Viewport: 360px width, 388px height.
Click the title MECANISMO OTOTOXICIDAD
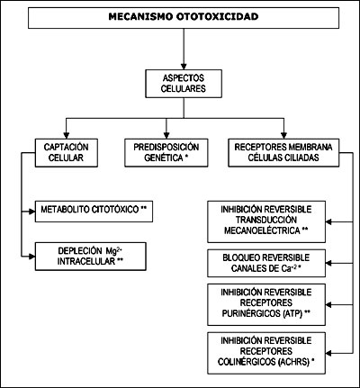pos(184,16)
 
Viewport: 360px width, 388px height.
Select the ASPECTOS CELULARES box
pos(184,84)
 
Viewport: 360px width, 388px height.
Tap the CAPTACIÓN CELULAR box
pos(67,153)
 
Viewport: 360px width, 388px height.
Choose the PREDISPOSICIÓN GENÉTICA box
pos(166,153)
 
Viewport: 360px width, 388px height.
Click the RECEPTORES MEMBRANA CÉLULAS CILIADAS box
pos(283,153)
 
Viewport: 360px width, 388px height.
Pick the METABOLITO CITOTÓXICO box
pos(94,212)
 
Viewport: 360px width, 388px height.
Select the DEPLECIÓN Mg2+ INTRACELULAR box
pos(91,257)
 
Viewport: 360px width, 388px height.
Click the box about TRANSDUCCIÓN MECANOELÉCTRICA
pos(266,221)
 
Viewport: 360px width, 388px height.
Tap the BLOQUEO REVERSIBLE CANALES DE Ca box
pos(266,263)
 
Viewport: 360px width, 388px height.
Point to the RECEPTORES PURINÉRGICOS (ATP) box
pos(266,304)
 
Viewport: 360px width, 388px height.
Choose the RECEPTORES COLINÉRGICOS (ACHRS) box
pos(266,353)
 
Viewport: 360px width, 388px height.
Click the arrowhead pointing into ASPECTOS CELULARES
pos(184,67)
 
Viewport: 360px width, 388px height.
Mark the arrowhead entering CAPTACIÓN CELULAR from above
pos(67,136)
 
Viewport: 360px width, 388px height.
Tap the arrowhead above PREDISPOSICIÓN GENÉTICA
pos(166,136)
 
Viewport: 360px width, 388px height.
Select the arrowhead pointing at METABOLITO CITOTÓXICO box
pos(32,212)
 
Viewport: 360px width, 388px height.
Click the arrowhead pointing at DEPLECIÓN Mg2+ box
pos(32,257)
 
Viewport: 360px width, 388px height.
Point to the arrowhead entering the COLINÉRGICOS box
pos(328,353)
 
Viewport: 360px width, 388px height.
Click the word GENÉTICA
pos(164,158)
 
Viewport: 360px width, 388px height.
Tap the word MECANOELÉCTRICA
pos(262,230)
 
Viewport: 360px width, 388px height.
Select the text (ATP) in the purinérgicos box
pos(292,313)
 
